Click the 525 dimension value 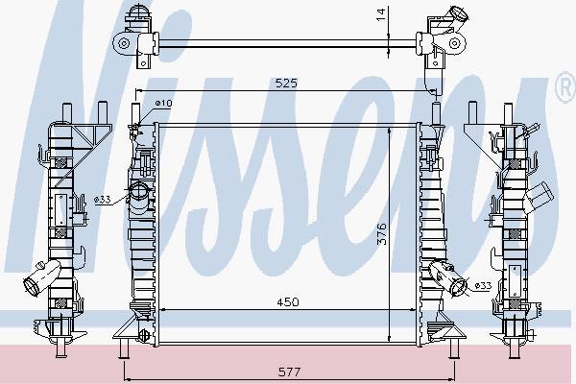coord(286,84)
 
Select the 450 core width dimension coord(288,302)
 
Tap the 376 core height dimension coord(382,233)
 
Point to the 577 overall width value coord(290,372)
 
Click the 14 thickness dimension coord(382,14)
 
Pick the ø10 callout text coord(163,104)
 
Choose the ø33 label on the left coord(102,200)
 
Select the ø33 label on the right coord(483,285)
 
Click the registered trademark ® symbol coord(566,87)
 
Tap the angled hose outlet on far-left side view coord(40,277)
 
